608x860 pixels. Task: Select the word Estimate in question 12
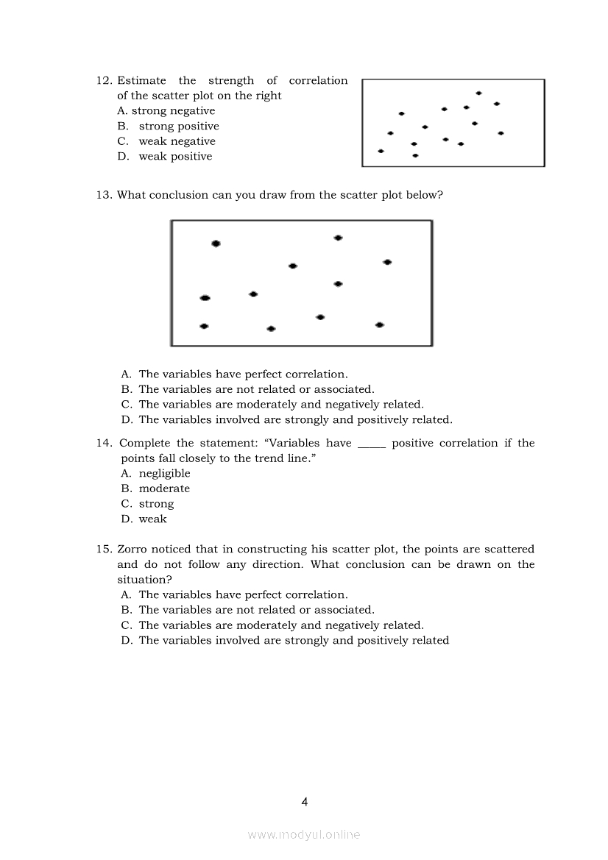click(141, 81)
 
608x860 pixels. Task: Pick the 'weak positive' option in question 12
click(175, 157)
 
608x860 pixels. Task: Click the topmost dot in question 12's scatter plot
click(478, 93)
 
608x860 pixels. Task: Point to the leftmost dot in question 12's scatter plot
click(381, 151)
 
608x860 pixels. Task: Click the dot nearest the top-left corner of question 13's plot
click(216, 244)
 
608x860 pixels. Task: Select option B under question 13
click(255, 389)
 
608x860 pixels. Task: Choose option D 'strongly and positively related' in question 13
click(294, 420)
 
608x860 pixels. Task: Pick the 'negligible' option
click(164, 474)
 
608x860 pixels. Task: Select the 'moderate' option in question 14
click(164, 488)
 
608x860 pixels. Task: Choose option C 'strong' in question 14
click(156, 504)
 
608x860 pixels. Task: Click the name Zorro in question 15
click(134, 550)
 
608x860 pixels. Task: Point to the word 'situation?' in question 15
click(143, 580)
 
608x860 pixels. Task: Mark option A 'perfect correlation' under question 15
click(243, 594)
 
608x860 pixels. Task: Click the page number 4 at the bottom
click(305, 802)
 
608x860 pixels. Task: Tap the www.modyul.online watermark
click(304, 835)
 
